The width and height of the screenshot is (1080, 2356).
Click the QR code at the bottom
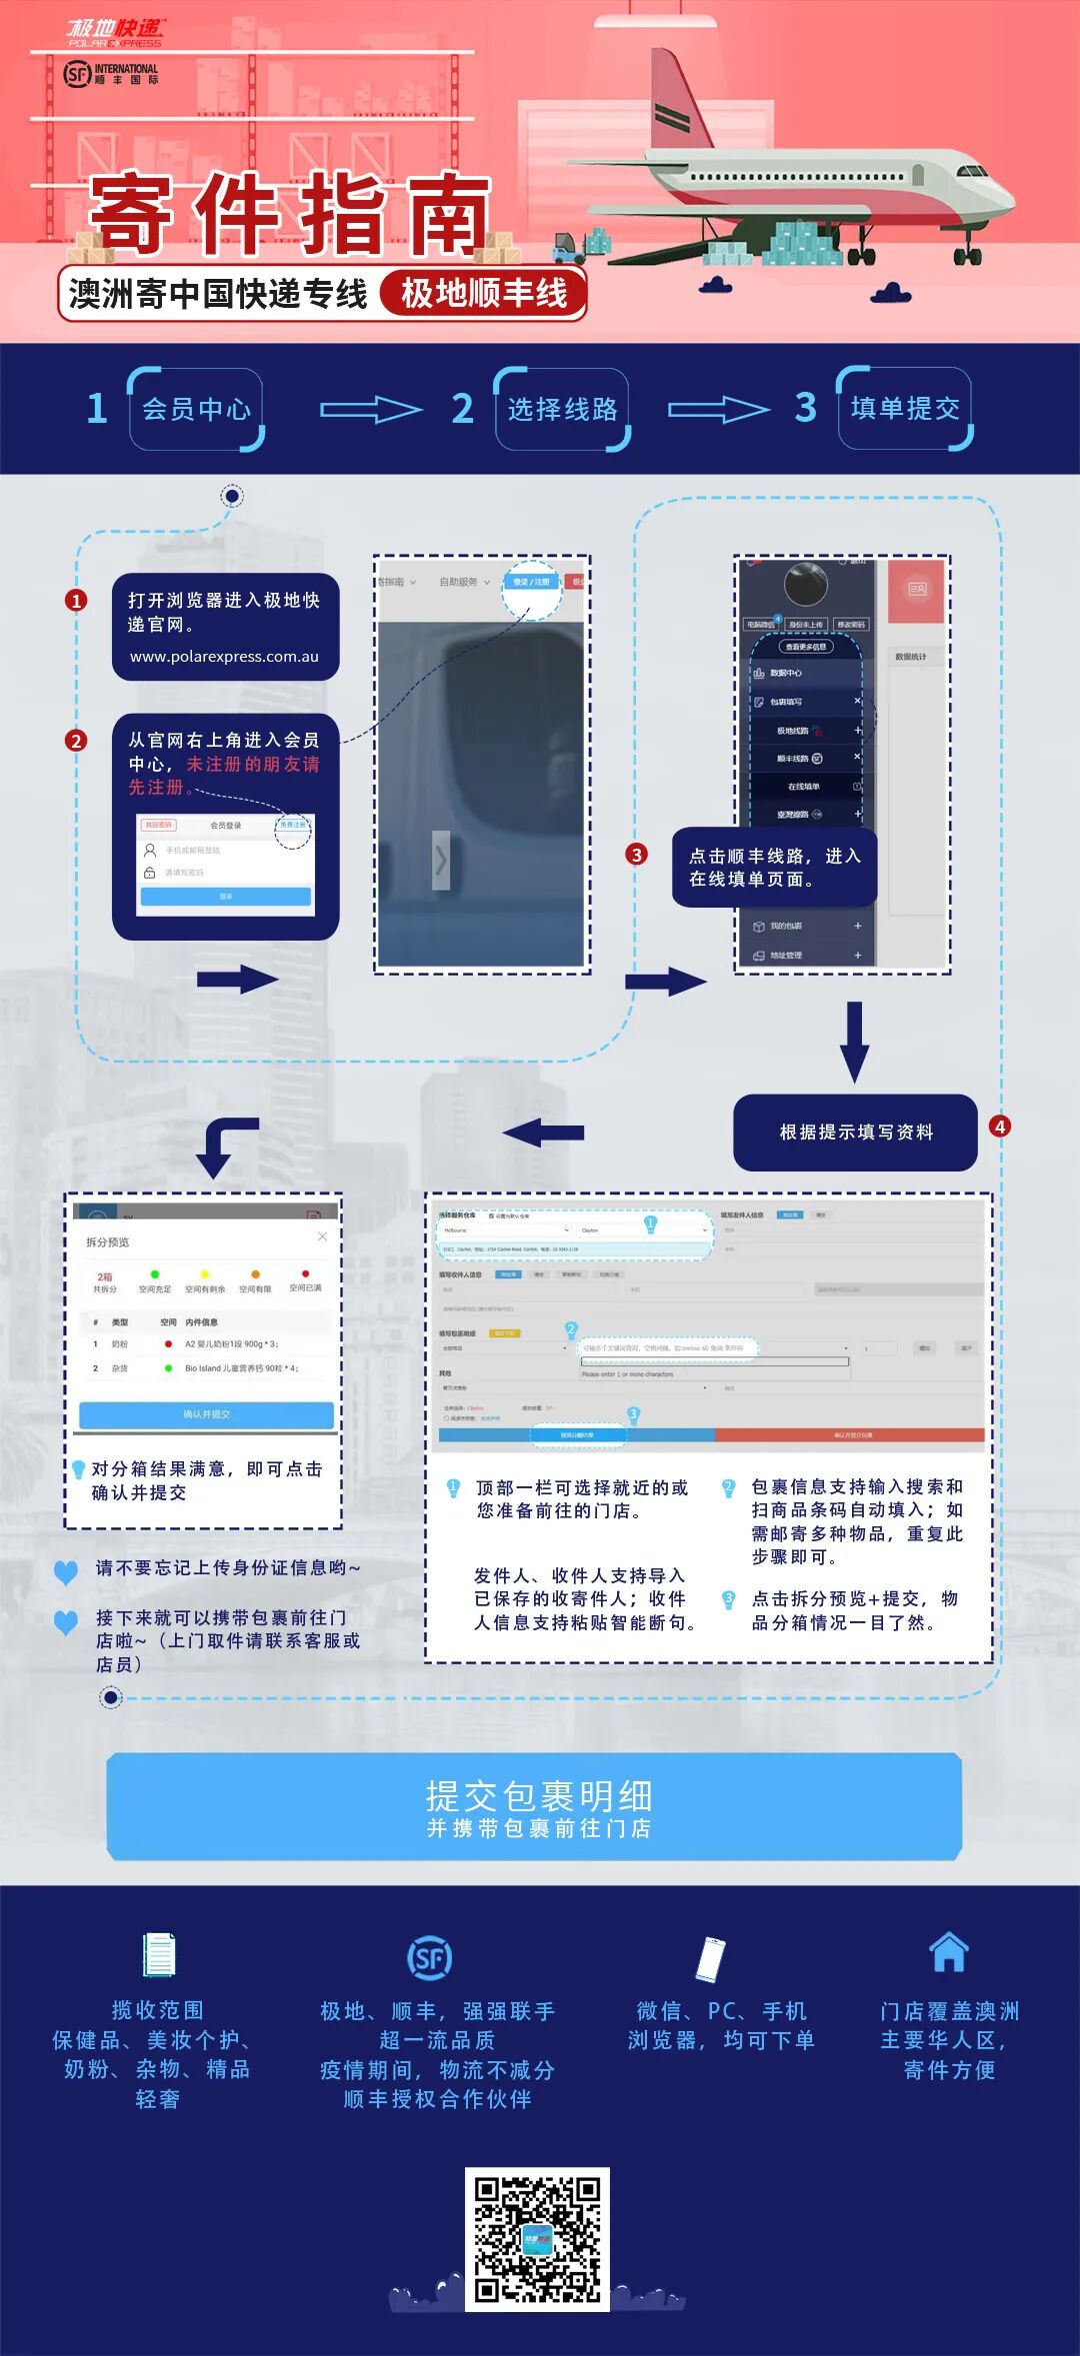pos(537,2238)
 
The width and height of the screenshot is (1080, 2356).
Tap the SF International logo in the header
pos(111,74)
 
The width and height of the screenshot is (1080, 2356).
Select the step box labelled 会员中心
pos(196,409)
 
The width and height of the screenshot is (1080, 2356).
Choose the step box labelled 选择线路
pos(562,409)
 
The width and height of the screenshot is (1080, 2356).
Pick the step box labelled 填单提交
pos(905,408)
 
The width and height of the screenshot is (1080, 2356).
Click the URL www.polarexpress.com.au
pos(224,657)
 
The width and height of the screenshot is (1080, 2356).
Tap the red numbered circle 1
pos(76,600)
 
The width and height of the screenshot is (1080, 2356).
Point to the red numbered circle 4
pos(999,1127)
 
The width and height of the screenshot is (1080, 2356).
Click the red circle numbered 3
pos(636,854)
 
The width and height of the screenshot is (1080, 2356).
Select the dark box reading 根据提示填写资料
pos(855,1132)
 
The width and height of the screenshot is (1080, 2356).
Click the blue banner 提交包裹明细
pos(535,1806)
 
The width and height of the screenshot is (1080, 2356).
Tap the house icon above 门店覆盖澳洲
pos(948,1951)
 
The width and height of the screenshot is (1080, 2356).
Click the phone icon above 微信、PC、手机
pos(710,1957)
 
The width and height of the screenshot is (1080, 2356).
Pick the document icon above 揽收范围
pos(158,1954)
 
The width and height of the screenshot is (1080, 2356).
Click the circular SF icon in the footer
pos(430,1958)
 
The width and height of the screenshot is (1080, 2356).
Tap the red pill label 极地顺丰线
pos(483,294)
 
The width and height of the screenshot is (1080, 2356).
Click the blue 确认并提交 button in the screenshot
pos(206,1414)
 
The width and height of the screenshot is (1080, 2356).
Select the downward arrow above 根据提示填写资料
pos(854,1041)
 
